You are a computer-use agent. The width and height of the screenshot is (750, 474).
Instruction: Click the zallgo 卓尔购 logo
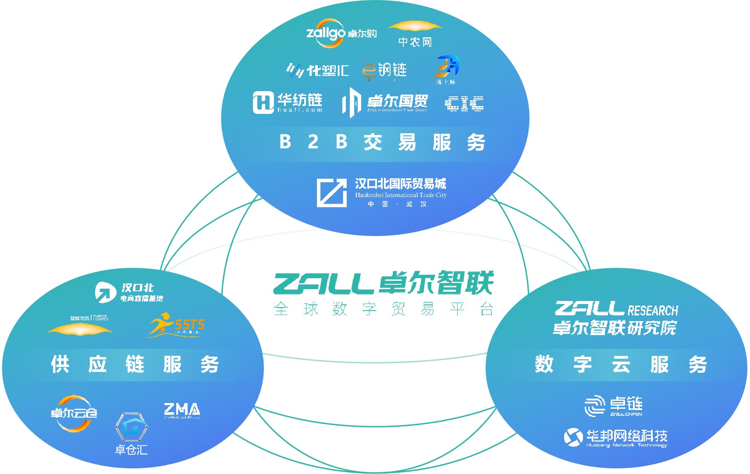(x=341, y=33)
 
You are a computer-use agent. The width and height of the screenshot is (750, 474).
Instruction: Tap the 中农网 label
(x=415, y=42)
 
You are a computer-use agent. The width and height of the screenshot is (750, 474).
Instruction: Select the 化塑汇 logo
(x=317, y=70)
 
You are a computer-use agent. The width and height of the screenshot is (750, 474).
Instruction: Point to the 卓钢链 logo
(x=384, y=70)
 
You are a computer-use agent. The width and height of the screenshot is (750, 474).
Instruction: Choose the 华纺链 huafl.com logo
(x=288, y=103)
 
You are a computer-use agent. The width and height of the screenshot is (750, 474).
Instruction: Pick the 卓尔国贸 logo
(x=384, y=103)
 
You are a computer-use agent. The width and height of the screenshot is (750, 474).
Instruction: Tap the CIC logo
(x=464, y=104)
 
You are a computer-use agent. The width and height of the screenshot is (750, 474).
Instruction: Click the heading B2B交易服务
(x=382, y=142)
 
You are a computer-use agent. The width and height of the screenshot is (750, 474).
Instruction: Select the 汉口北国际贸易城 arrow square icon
(x=331, y=192)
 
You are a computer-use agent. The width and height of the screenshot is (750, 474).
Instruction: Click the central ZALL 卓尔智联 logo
(x=384, y=283)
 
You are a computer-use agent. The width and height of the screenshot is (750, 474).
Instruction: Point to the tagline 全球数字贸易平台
(x=384, y=309)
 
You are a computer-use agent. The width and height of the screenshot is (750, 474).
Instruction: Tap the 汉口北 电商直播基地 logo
(x=129, y=292)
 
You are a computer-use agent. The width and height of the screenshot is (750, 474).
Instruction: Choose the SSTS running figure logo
(x=176, y=325)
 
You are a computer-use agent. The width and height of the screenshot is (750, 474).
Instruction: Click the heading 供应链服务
(x=135, y=364)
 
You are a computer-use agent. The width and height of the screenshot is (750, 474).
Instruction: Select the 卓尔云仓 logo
(x=74, y=413)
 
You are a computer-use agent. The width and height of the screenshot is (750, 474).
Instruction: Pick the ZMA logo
(x=182, y=410)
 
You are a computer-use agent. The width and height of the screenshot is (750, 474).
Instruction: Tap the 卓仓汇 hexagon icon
(x=131, y=427)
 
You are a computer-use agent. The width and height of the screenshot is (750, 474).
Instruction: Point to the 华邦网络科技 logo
(x=615, y=437)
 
